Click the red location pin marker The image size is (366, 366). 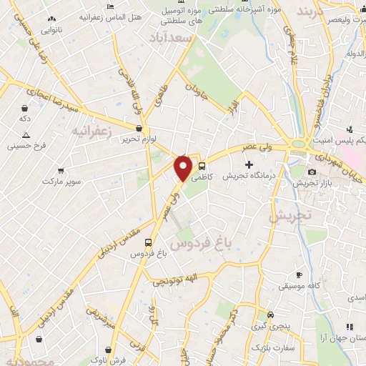pyautogui.click(x=184, y=168)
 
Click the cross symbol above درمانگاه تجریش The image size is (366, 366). pyautogui.click(x=249, y=165)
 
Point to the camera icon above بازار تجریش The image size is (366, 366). pyautogui.click(x=312, y=172)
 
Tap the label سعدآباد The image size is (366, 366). pyautogui.click(x=171, y=37)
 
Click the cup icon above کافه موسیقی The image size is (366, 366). pyautogui.click(x=299, y=275)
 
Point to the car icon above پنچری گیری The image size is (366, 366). pyautogui.click(x=269, y=315)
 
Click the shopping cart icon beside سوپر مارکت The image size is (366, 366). pyautogui.click(x=61, y=172)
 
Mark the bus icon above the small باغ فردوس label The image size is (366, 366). pyautogui.click(x=148, y=242)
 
